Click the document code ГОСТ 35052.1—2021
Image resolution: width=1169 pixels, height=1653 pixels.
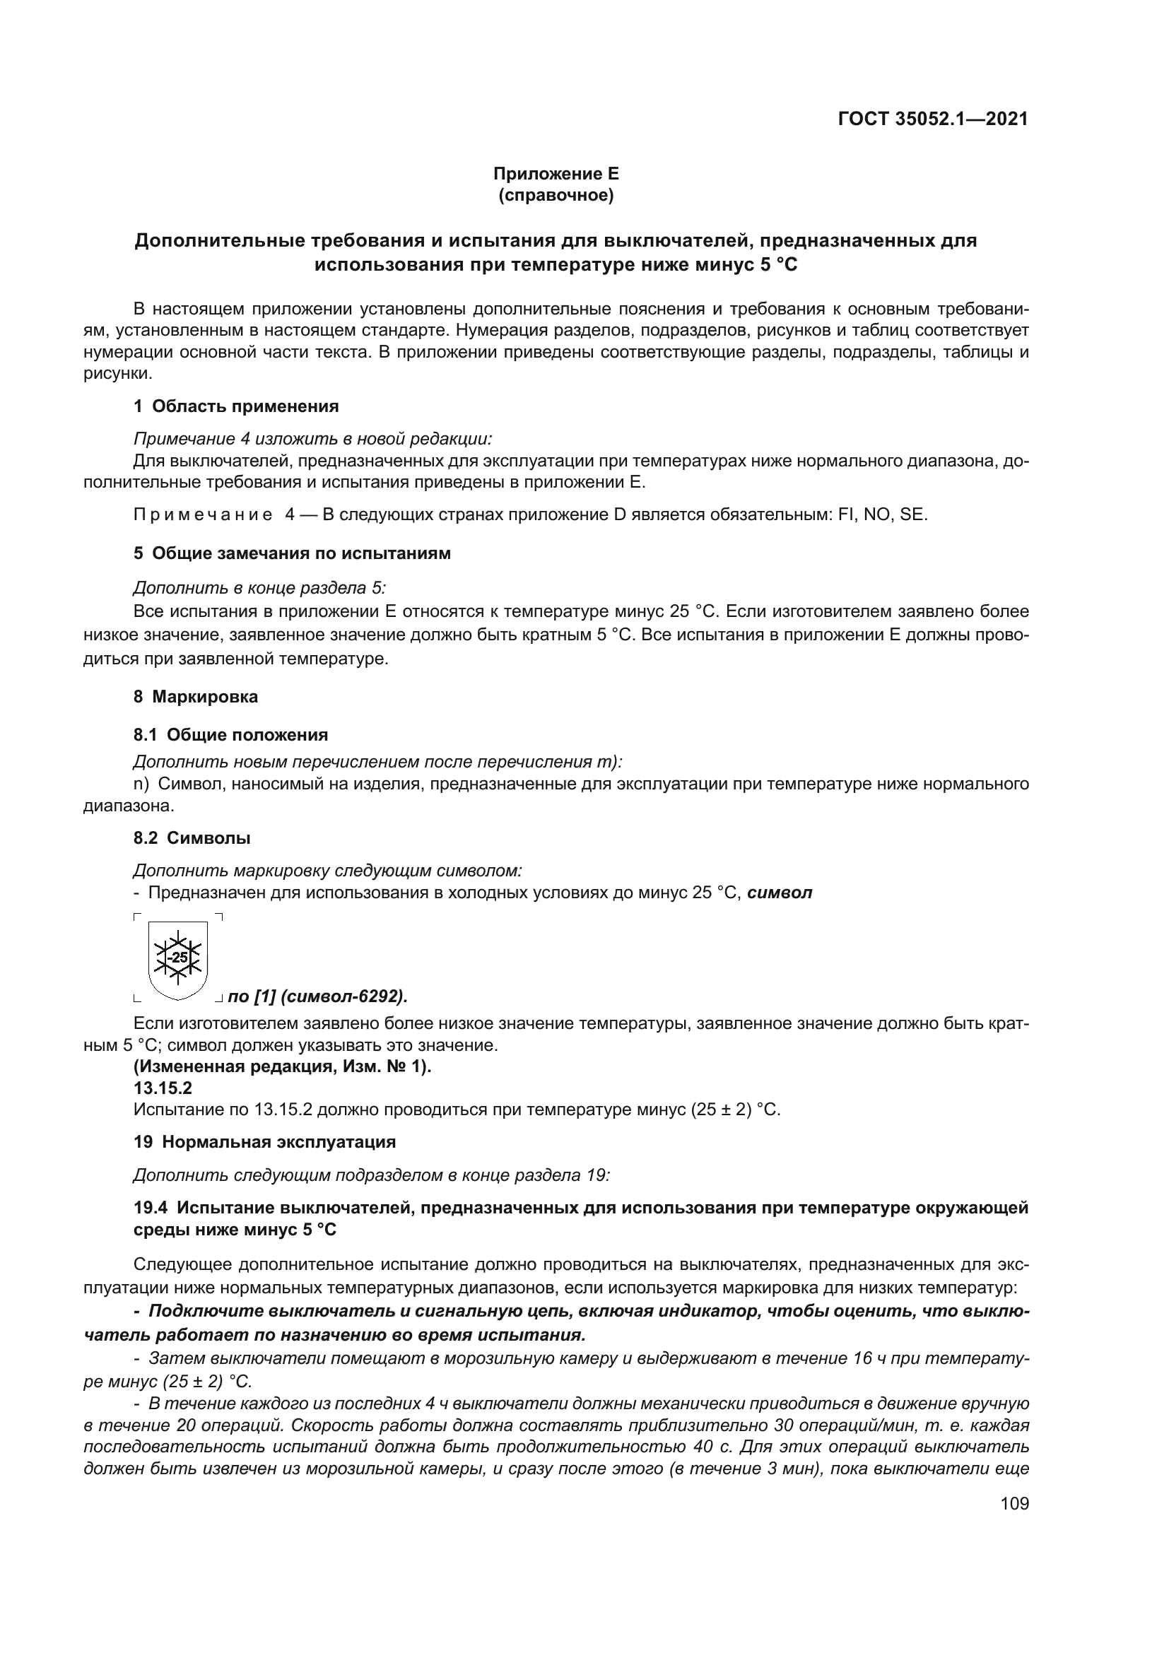pyautogui.click(x=932, y=119)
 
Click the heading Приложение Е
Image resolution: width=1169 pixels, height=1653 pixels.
pyautogui.click(x=555, y=174)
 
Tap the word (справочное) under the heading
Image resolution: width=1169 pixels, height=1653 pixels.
pyautogui.click(x=555, y=195)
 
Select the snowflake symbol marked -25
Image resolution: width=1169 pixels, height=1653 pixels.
pyautogui.click(x=177, y=958)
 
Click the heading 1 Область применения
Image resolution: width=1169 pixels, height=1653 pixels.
pyautogui.click(x=235, y=406)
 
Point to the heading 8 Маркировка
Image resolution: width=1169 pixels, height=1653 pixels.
pyautogui.click(x=195, y=697)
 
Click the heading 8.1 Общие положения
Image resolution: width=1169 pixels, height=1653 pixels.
pyautogui.click(x=230, y=735)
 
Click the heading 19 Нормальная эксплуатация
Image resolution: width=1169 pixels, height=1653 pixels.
pyautogui.click(x=264, y=1142)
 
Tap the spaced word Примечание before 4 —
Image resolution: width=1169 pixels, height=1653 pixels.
pyautogui.click(x=203, y=515)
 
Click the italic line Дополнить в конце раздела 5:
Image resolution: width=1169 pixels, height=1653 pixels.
pyautogui.click(x=259, y=588)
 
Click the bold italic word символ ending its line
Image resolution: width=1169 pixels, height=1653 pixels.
pyautogui.click(x=780, y=893)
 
